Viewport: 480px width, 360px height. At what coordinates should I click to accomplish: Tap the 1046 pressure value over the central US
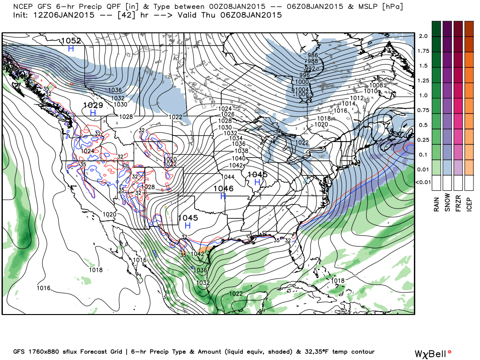click(x=223, y=188)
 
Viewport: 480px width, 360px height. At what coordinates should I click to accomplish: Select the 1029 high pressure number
click(x=93, y=105)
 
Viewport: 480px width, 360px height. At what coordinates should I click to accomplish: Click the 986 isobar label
click(x=313, y=55)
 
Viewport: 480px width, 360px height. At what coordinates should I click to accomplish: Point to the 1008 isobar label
click(x=376, y=85)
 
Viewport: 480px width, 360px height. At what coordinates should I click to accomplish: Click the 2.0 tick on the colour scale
click(x=423, y=36)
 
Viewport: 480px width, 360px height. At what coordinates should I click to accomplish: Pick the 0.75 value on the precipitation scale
click(x=423, y=110)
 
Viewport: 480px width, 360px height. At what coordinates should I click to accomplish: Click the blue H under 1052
click(x=71, y=48)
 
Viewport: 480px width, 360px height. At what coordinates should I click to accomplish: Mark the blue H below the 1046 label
click(x=223, y=196)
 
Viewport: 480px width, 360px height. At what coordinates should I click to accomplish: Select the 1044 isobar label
click(x=228, y=177)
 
